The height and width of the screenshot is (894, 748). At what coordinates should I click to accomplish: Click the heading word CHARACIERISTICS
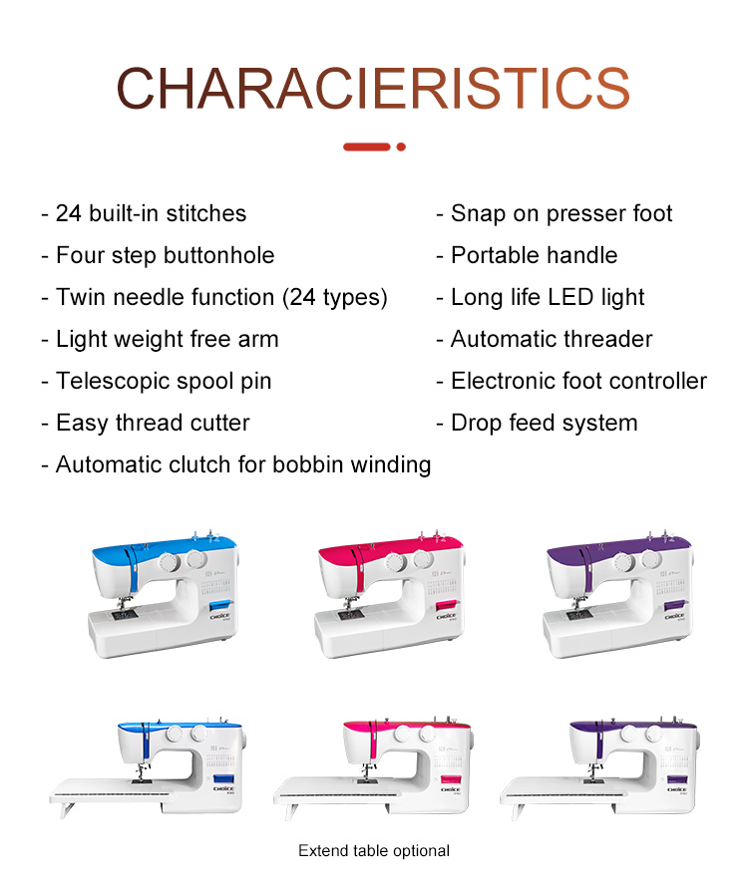click(x=373, y=89)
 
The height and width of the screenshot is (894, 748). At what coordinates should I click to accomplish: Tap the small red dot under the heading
click(x=401, y=148)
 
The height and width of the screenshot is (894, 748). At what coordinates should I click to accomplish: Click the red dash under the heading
click(x=367, y=148)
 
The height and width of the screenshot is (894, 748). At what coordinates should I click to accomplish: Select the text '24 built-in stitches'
click(x=151, y=214)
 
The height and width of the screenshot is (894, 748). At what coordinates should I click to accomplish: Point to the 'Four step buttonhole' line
click(x=165, y=255)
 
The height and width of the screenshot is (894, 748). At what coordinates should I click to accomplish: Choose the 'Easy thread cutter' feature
click(x=153, y=423)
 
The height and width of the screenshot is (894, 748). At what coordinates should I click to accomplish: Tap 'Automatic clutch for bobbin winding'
click(x=243, y=464)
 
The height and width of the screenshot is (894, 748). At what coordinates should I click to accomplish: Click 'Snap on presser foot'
click(x=561, y=214)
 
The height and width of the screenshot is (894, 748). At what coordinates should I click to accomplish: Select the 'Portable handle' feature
click(x=534, y=255)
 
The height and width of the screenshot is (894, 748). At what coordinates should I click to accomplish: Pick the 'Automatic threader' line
click(x=552, y=339)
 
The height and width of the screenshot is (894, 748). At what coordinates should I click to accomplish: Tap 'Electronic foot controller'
click(x=578, y=381)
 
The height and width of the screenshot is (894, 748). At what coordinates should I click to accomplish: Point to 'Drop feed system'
click(x=544, y=423)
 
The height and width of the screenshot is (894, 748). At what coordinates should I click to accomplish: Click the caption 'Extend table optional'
click(x=374, y=851)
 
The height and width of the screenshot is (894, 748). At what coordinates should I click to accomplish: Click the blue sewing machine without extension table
click(x=163, y=594)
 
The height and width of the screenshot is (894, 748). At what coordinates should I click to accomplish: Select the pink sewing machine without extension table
click(x=389, y=594)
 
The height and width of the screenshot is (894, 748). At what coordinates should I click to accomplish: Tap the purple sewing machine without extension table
click(x=618, y=594)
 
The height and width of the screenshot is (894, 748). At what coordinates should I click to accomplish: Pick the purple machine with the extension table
click(x=599, y=766)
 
